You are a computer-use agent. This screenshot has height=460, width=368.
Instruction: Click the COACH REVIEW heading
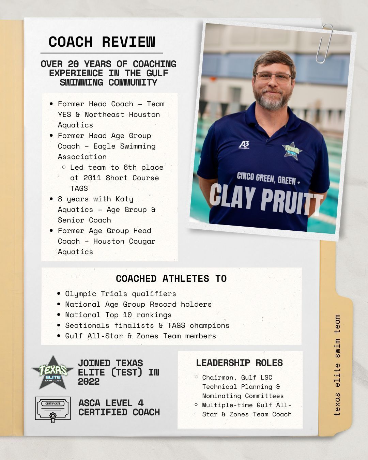102,42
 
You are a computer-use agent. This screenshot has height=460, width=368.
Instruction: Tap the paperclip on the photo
325,43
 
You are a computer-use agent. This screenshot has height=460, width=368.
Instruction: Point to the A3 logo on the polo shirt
244,145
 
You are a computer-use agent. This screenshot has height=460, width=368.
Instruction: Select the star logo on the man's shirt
292,150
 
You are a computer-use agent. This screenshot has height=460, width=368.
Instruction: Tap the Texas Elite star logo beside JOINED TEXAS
52,372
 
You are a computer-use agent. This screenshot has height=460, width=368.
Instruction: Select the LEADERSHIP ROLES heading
239,363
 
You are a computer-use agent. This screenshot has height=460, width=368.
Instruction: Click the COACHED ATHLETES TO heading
171,279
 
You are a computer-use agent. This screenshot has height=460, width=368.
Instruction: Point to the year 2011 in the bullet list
92,178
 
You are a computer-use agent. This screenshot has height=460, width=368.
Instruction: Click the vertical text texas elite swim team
337,365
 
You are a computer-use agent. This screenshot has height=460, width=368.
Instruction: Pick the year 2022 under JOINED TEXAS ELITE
89,382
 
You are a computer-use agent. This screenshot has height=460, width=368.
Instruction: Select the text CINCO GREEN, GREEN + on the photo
269,179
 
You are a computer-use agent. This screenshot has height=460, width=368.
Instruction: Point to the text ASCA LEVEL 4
111,403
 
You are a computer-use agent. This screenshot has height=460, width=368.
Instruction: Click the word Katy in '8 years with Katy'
124,199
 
